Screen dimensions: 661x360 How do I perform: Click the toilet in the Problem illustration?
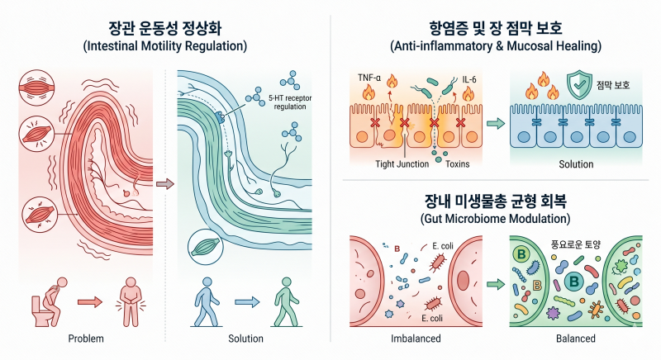point(41,311)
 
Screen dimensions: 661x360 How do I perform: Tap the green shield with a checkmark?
point(579,84)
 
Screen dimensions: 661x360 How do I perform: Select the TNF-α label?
point(369,78)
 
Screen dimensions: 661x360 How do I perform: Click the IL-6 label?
point(469,79)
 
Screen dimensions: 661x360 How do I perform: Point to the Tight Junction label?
point(402,163)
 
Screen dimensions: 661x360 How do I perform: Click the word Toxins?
point(458,163)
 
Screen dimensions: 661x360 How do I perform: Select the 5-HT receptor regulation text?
point(290,102)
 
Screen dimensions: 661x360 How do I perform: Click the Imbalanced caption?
point(416,339)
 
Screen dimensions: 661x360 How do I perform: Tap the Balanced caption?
point(576,339)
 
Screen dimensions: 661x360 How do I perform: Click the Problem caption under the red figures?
point(86,339)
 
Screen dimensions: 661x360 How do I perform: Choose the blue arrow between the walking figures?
point(247,302)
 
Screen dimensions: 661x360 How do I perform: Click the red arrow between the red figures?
point(90,302)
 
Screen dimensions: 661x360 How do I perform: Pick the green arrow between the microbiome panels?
point(496,284)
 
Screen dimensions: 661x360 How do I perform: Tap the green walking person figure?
point(286,302)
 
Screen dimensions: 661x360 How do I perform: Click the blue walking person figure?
point(207,302)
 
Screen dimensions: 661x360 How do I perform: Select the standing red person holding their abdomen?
point(131,302)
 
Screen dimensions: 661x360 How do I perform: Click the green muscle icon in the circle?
point(205,247)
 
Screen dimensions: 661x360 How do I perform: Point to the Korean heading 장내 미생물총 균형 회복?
point(495,201)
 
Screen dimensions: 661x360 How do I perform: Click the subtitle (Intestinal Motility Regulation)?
point(164,45)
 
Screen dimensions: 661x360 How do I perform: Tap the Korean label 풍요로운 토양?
point(575,244)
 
